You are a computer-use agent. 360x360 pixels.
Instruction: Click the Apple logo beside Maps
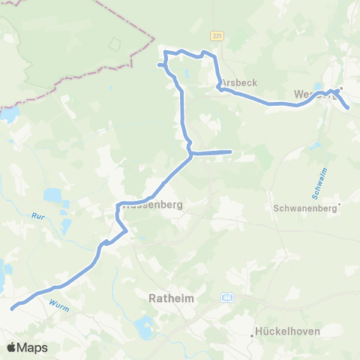(x=12, y=347)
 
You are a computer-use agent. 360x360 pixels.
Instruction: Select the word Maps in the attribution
(x=33, y=347)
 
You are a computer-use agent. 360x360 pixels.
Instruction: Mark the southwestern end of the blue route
(x=11, y=307)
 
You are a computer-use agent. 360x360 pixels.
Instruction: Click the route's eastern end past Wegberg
(x=349, y=108)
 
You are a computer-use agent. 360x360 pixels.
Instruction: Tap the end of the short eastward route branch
(x=231, y=152)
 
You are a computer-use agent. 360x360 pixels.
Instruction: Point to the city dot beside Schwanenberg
(x=339, y=203)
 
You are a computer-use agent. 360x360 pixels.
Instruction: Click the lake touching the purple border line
(x=9, y=114)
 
